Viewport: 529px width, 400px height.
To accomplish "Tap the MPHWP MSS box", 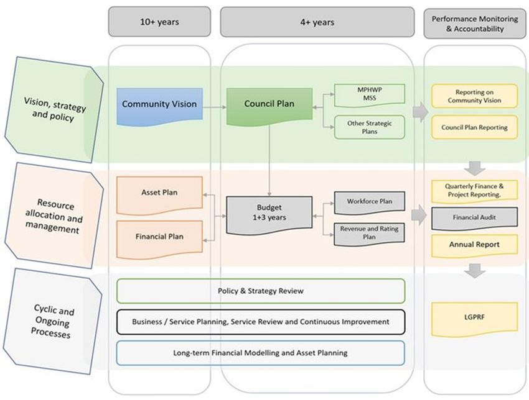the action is (x=370, y=95).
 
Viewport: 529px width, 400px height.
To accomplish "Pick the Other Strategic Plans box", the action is (x=370, y=127).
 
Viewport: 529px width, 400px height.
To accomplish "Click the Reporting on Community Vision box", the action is (x=474, y=96).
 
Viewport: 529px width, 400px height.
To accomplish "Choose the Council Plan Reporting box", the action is (x=474, y=127).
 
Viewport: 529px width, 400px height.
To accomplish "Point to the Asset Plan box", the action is (x=159, y=195).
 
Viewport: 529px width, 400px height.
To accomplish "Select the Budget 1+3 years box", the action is (x=269, y=215).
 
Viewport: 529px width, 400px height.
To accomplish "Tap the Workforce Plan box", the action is (x=370, y=202).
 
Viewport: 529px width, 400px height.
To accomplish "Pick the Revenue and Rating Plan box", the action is (x=370, y=234).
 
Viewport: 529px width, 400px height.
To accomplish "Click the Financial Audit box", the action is (x=474, y=219).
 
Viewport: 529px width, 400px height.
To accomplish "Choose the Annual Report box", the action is (x=474, y=246).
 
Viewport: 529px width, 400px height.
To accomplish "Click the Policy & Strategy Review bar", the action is (x=260, y=291).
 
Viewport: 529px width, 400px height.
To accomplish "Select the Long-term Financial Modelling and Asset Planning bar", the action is (x=260, y=353).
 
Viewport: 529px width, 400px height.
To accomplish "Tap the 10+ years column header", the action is (x=159, y=22).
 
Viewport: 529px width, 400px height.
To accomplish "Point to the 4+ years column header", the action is (x=317, y=22).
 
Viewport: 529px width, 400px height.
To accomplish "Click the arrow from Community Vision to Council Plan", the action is (x=215, y=107).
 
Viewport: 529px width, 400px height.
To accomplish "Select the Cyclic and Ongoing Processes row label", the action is (x=54, y=322).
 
